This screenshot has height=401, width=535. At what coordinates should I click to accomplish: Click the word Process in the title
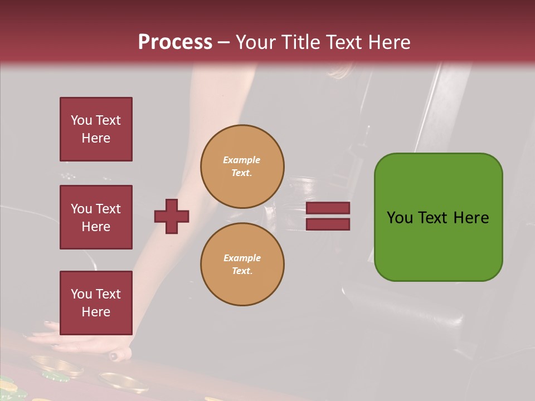(175, 42)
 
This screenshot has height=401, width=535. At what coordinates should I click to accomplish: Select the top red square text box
(96, 129)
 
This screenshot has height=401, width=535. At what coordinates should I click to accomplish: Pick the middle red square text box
(96, 217)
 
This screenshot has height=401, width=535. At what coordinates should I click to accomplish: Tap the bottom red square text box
(96, 303)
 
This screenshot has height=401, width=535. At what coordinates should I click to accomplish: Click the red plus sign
(172, 216)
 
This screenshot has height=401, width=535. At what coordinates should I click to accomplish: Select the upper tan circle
(242, 166)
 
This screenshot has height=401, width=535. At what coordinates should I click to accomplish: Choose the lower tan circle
(242, 264)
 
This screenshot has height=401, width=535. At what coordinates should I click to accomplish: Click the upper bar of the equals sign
(328, 208)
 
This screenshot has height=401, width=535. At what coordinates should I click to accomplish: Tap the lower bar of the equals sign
(328, 224)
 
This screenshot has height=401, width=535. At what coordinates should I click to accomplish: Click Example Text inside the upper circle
(242, 166)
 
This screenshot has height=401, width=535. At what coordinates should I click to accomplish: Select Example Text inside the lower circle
(242, 264)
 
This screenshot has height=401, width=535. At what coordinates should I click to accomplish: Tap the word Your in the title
(255, 42)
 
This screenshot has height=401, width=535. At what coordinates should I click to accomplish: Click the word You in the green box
(400, 218)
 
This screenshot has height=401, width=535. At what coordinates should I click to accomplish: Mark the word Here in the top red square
(96, 138)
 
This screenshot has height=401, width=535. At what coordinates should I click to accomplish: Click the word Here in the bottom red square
(96, 312)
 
